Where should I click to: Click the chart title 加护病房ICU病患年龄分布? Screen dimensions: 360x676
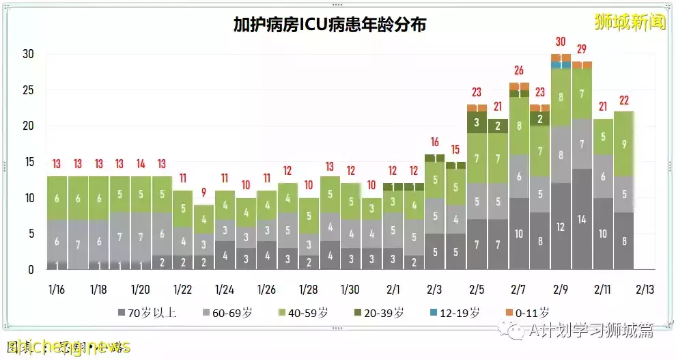click(x=330, y=26)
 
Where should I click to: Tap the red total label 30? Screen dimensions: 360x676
click(x=561, y=42)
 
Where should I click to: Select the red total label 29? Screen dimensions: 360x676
click(x=582, y=49)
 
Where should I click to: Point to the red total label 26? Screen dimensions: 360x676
click(x=518, y=70)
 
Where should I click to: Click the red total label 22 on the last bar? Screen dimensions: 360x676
click(x=623, y=100)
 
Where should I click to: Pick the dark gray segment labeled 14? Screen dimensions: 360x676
click(x=582, y=220)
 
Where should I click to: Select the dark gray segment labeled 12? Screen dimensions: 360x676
click(x=561, y=227)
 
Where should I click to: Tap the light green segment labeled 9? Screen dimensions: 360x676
click(x=623, y=144)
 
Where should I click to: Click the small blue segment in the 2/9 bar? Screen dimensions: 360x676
click(x=561, y=65)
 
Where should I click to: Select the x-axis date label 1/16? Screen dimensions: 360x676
click(x=56, y=289)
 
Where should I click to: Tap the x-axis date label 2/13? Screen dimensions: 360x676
click(x=644, y=289)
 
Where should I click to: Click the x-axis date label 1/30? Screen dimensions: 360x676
click(x=350, y=289)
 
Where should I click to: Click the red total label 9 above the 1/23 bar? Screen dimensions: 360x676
click(x=204, y=193)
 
